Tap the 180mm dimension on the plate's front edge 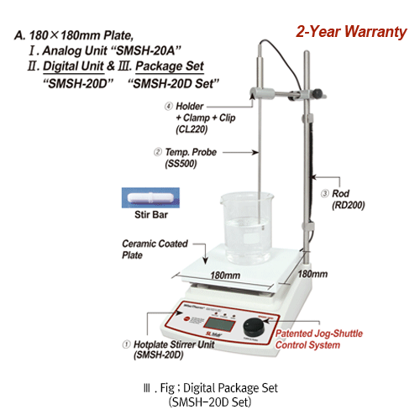click(223, 275)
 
